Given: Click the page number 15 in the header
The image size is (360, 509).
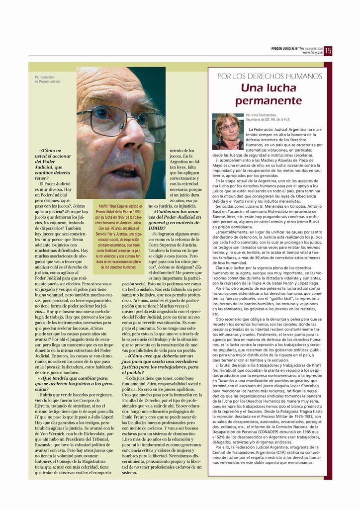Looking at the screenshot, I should (x=328, y=50).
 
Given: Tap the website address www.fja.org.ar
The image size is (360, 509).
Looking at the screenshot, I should (x=312, y=52).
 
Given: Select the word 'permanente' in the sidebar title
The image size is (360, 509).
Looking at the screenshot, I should (x=269, y=101).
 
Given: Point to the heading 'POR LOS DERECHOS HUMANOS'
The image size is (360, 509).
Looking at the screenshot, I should (x=270, y=77).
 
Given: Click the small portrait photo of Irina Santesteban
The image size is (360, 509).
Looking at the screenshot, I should (x=228, y=131).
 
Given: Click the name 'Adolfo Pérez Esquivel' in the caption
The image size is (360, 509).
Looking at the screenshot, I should (x=116, y=206).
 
